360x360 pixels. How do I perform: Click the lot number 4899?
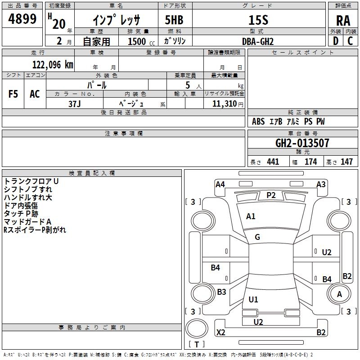[x=22, y=19]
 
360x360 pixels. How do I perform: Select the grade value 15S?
[x=258, y=20]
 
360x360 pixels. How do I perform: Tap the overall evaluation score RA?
[x=343, y=21]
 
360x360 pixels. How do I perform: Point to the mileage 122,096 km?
[x=53, y=65]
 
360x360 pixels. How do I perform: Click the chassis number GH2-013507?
[x=302, y=143]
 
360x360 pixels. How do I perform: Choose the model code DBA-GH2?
[x=258, y=41]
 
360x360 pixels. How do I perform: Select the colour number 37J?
[x=75, y=104]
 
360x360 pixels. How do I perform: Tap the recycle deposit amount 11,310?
[x=225, y=104]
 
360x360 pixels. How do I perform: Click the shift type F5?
[x=13, y=94]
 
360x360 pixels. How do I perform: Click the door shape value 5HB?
[x=174, y=20]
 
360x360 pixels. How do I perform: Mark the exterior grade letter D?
[x=336, y=41]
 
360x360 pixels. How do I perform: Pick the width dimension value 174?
[x=310, y=162]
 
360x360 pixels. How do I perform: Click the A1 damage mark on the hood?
[x=251, y=216]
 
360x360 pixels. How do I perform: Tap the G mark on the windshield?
[x=257, y=237]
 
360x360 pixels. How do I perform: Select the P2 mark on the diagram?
[x=271, y=195]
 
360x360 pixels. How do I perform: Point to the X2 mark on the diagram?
[x=220, y=332]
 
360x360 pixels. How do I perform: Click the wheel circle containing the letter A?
[x=339, y=294]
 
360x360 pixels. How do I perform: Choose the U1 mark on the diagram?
[x=253, y=299]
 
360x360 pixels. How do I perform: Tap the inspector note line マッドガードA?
[x=27, y=222]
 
